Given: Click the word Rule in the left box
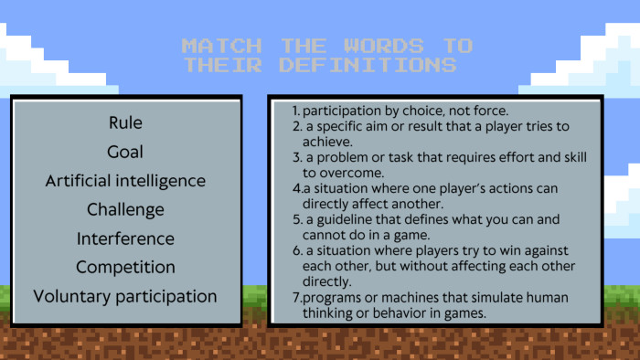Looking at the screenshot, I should (125, 122).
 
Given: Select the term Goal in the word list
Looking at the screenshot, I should (125, 152).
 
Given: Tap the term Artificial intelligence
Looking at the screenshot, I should (125, 181).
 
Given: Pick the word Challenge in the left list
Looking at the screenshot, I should (125, 209).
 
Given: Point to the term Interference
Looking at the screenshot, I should (125, 238).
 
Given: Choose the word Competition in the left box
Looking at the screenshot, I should (125, 267).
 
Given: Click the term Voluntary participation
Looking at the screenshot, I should (125, 296).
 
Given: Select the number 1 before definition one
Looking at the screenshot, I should (295, 112).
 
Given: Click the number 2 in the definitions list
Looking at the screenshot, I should (296, 127).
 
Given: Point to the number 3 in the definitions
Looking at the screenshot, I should (296, 156).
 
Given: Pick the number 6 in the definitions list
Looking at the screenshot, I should (296, 250).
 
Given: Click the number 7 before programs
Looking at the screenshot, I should (296, 298).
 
